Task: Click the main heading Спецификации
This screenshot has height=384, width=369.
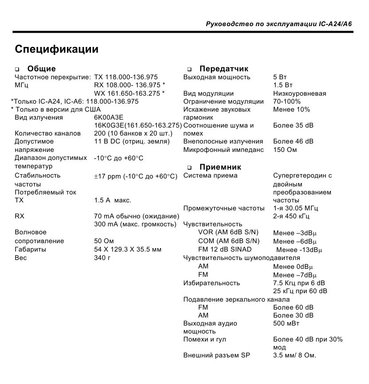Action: pos(57,49)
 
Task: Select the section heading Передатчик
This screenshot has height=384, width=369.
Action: pos(224,69)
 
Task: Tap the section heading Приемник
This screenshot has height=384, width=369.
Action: pos(220,167)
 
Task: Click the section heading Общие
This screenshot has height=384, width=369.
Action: pos(41,69)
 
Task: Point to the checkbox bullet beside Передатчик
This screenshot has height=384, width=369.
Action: pos(189,69)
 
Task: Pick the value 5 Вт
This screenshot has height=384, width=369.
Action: pos(280,77)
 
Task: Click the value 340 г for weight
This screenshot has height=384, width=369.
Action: pos(102,258)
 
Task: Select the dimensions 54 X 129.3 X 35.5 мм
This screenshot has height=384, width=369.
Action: pos(128,249)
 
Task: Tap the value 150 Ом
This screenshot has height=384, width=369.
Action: pos(285,150)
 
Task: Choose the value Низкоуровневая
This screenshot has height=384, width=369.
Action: pos(299,93)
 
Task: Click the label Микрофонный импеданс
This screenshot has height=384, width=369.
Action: pos(223,150)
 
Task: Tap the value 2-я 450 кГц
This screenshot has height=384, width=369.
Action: pos(291,216)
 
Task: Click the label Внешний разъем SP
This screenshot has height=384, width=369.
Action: pos(217,355)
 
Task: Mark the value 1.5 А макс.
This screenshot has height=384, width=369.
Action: pos(113,200)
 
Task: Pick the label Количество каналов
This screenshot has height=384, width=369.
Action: pos(48,133)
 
